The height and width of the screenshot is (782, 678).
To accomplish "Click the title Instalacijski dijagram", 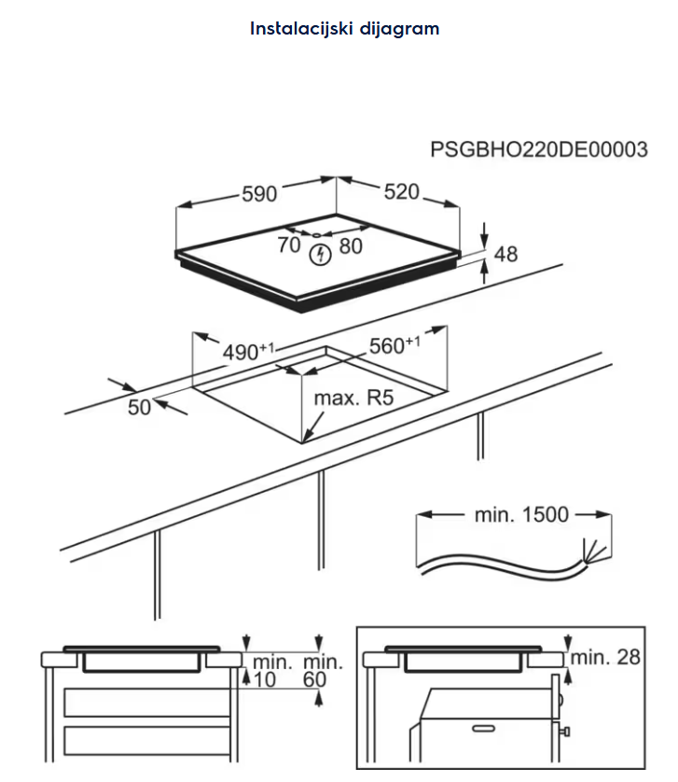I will (344, 28).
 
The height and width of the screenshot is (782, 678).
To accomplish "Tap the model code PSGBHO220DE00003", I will (539, 150).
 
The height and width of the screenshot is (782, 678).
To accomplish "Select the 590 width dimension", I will (260, 193).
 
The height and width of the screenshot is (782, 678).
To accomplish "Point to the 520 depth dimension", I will (401, 191).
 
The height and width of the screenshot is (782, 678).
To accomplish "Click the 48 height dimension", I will (505, 253).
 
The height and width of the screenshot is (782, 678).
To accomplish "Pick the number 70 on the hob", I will (289, 244).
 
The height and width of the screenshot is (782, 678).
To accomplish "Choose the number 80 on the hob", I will (350, 245).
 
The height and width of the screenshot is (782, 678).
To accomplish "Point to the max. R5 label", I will (353, 398).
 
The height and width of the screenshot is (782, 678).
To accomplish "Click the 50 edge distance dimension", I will (139, 407).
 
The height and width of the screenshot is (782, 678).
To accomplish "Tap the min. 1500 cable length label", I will (522, 514).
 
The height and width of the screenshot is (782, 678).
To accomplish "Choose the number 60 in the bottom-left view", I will (315, 680).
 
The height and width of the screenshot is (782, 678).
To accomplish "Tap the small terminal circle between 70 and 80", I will (317, 234).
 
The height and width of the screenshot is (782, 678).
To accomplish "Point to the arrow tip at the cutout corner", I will (307, 440).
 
